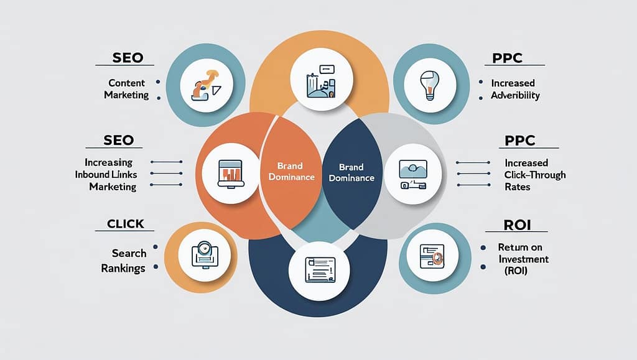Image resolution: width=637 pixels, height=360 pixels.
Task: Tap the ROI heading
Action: pyautogui.click(x=517, y=225)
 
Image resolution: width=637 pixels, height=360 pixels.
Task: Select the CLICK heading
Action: pyautogui.click(x=126, y=224)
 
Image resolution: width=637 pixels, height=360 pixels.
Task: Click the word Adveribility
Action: pyautogui.click(x=515, y=95)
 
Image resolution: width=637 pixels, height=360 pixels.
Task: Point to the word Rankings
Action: pyautogui.click(x=123, y=268)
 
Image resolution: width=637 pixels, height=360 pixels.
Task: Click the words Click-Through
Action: pyautogui.click(x=535, y=175)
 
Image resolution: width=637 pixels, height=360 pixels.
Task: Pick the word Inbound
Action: pyautogui.click(x=93, y=175)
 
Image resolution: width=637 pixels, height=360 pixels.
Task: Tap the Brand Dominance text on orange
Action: pyautogui.click(x=291, y=171)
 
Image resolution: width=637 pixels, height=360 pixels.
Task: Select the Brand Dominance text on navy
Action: pyautogui.click(x=351, y=172)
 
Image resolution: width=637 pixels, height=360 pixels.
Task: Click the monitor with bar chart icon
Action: pyautogui.click(x=231, y=173)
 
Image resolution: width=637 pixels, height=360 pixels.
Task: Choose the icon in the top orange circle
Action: pyautogui.click(x=322, y=81)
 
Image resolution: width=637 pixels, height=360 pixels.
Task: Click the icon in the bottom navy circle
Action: pyautogui.click(x=320, y=270)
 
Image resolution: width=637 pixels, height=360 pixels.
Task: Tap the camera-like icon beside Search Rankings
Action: pyautogui.click(x=204, y=255)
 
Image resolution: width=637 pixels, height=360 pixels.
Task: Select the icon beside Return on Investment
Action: pyautogui.click(x=432, y=256)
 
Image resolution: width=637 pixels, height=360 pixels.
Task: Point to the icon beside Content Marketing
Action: pyautogui.click(x=207, y=85)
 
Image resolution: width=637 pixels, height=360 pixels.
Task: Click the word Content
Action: pyautogui.click(x=126, y=83)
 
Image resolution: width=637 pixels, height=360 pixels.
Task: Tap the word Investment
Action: pyautogui.click(x=524, y=259)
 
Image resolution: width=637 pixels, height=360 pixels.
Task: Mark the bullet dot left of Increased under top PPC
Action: pyautogui.click(x=481, y=82)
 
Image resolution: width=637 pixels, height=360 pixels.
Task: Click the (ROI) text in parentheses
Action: pyautogui.click(x=516, y=270)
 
